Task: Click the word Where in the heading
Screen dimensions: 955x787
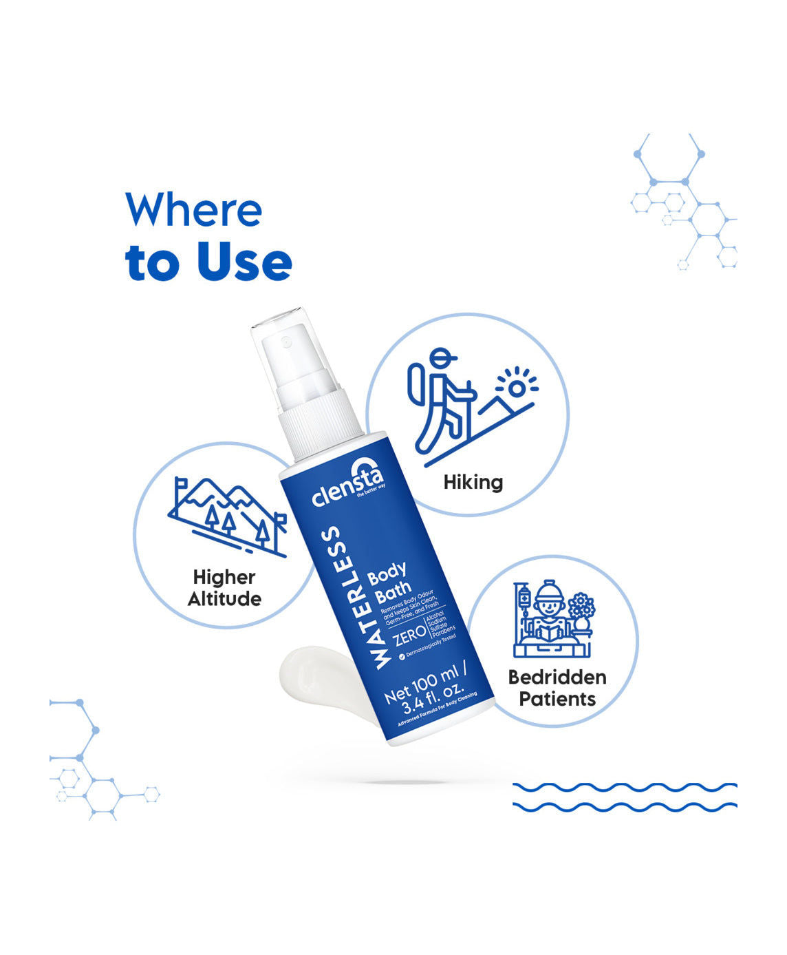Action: [193, 210]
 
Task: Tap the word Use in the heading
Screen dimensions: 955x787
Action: [244, 262]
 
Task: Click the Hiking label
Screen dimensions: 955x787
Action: [473, 482]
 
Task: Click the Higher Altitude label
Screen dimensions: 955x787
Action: [224, 588]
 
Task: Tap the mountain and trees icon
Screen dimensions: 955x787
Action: [227, 516]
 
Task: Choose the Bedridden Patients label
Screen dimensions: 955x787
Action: [557, 688]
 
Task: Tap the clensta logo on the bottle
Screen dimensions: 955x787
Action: [347, 487]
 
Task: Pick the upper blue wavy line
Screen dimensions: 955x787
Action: [625, 786]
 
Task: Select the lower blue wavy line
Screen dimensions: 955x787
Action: [625, 805]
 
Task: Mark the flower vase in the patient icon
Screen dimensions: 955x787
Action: [582, 613]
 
